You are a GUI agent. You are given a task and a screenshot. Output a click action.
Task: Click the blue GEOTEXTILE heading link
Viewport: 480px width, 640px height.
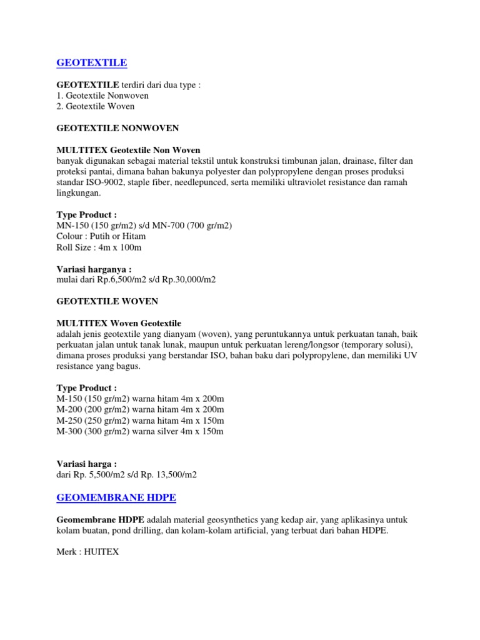91,62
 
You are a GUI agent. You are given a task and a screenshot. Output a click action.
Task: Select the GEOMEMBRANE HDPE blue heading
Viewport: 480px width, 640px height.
116,497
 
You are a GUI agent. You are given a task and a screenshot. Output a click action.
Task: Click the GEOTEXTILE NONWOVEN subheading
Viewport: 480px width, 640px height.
117,128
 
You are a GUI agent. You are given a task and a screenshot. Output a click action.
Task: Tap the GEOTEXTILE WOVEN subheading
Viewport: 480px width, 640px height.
108,301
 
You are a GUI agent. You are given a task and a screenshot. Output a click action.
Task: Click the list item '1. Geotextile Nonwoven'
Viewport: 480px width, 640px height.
102,96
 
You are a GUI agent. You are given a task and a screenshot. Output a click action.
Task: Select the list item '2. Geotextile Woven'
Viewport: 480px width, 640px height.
95,106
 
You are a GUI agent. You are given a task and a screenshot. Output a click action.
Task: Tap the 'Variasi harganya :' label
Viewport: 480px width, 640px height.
94,269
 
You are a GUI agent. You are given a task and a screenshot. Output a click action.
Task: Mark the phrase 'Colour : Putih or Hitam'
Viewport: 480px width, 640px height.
101,236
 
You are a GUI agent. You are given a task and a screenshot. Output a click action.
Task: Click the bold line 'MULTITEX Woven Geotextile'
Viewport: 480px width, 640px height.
119,323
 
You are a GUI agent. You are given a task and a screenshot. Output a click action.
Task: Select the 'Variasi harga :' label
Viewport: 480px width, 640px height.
86,464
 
